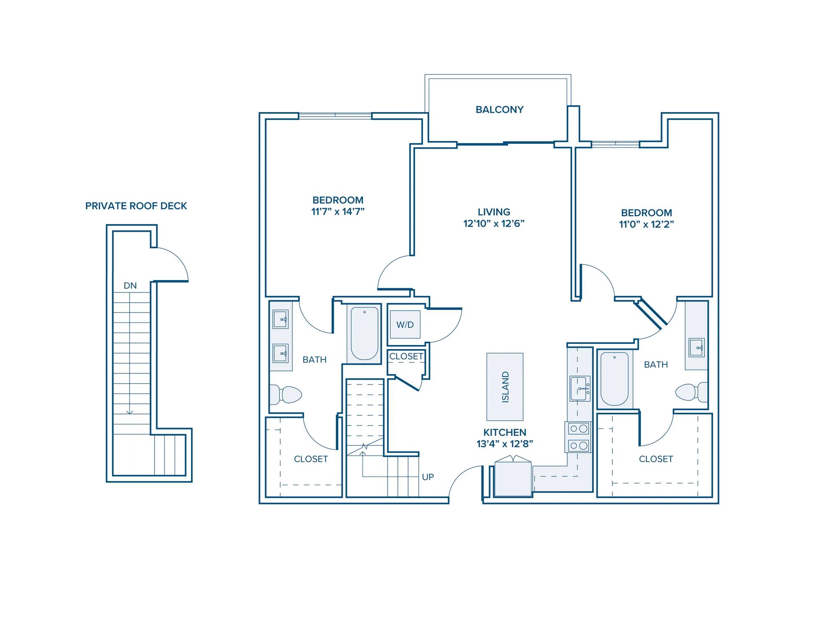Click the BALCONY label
pos(499,110)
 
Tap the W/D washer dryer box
pos(405,324)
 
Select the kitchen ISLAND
pos(505,387)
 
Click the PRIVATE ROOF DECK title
pos(136,206)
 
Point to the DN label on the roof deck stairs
pos(130,285)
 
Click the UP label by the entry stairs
pos(428,477)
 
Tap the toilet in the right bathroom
pos(692,392)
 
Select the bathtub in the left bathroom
pos(364,334)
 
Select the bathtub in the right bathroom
pos(614,379)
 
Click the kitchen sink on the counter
pos(580,388)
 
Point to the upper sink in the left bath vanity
pos(281,319)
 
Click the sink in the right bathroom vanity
pos(697,347)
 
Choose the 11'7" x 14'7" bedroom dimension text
pos(338,212)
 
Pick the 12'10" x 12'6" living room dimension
pos(494,223)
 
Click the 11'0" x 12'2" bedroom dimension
pos(647,224)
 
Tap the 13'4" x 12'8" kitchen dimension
pos(505,444)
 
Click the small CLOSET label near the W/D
pos(406,357)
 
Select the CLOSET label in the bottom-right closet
pos(656,459)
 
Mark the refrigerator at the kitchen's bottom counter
pos(513,477)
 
